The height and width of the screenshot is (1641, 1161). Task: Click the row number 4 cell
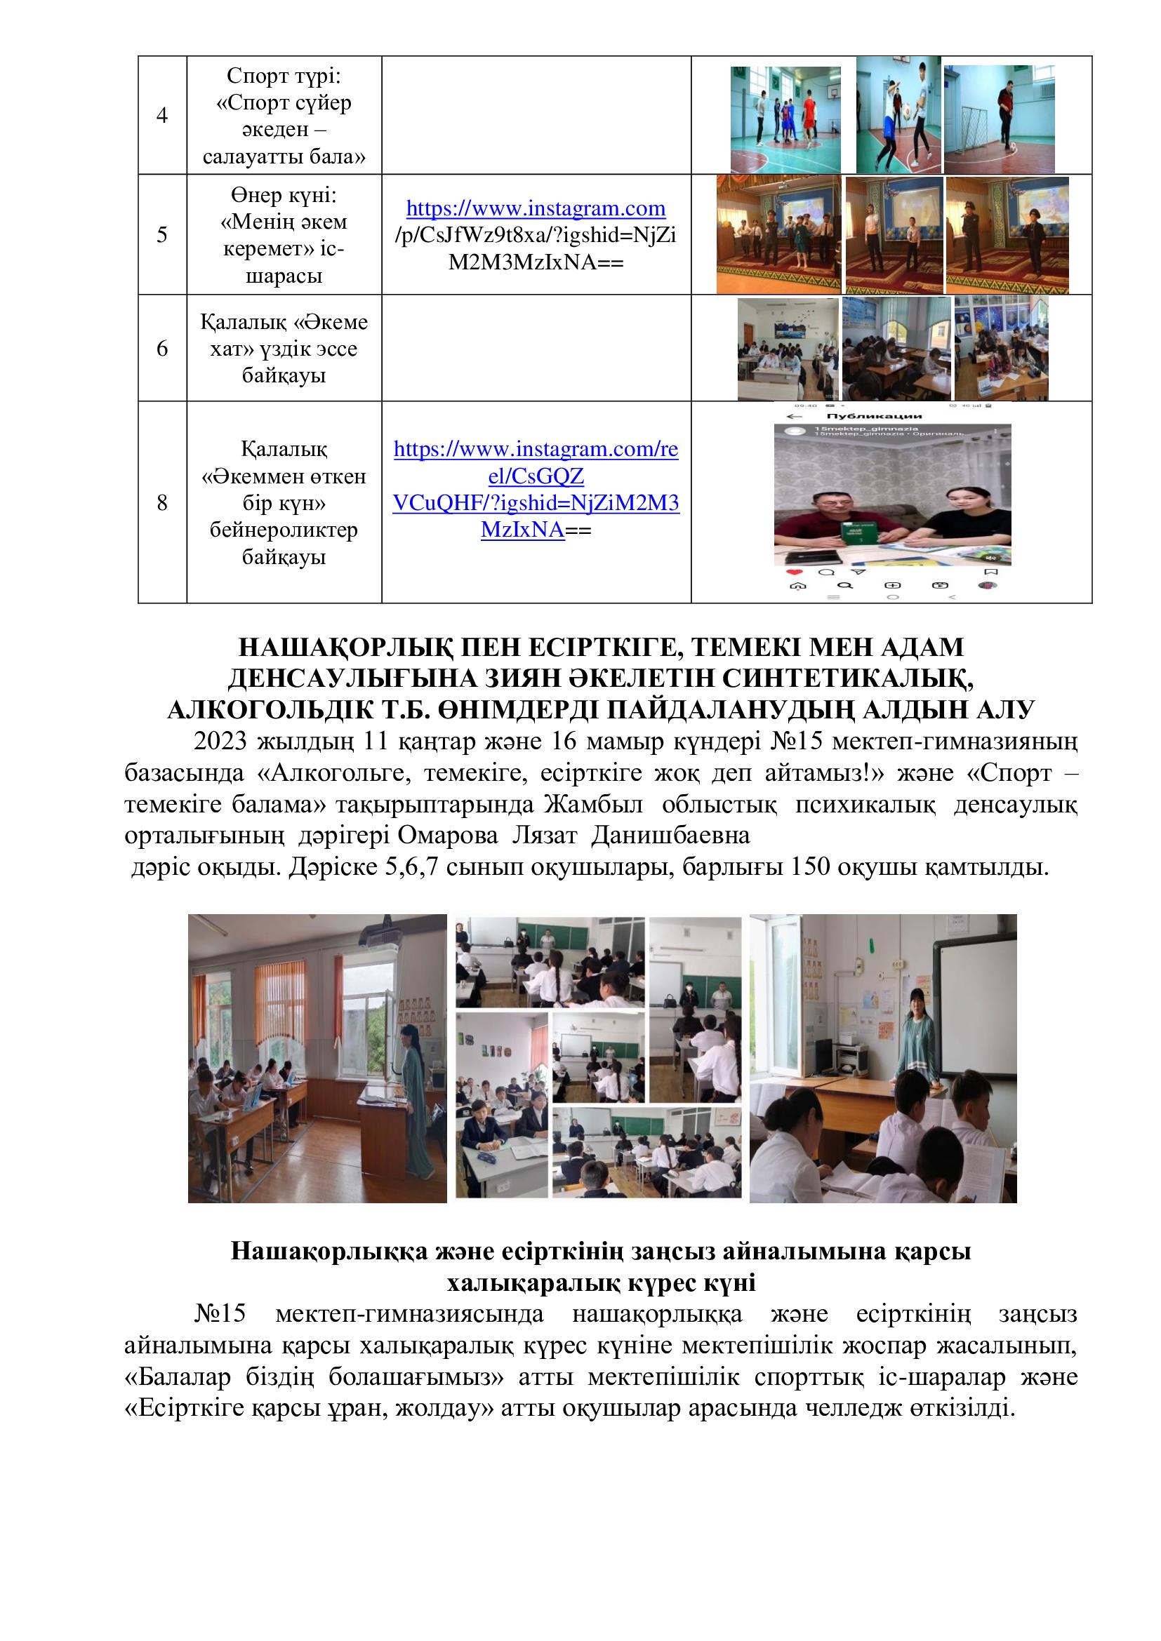(x=162, y=115)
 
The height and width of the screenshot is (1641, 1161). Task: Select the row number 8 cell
(x=162, y=502)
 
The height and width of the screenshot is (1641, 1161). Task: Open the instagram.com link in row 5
(x=536, y=208)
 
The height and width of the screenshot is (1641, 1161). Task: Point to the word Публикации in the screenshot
(x=863, y=416)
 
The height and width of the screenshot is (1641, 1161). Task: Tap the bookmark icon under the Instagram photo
(x=991, y=572)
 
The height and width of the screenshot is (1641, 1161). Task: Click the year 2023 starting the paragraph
(x=220, y=742)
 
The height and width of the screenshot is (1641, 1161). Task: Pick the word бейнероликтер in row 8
(x=284, y=530)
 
